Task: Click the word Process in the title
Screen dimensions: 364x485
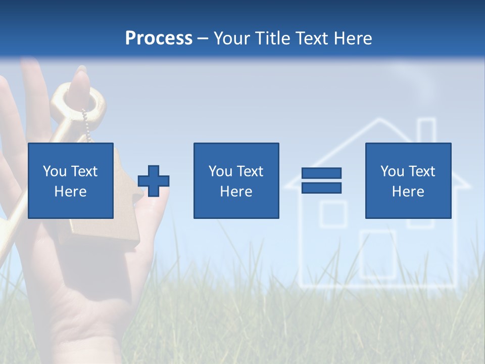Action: (159, 38)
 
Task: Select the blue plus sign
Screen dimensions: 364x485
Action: (154, 180)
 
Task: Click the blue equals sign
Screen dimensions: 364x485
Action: (321, 180)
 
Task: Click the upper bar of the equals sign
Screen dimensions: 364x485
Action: (321, 173)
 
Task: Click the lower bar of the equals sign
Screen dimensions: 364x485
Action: (321, 188)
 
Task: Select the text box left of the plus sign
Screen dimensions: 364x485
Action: (70, 180)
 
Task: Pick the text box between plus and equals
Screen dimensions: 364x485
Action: (236, 180)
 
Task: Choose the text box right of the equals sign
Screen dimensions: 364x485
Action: (408, 180)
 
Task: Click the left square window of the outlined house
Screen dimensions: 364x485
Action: (333, 213)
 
